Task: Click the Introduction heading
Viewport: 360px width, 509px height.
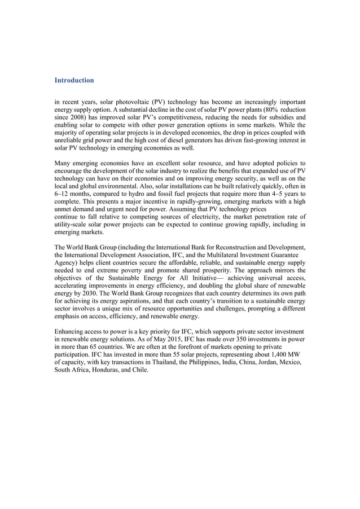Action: tap(74, 81)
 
